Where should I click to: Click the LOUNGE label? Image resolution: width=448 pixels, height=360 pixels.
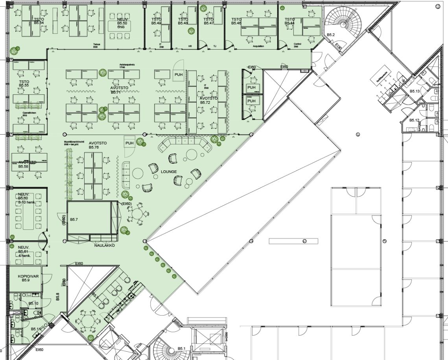[169, 172]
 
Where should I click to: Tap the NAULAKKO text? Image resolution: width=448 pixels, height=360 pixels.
[104, 245]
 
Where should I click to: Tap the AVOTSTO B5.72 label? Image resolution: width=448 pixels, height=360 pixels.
[208, 100]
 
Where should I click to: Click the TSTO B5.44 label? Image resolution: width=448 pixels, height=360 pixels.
[289, 21]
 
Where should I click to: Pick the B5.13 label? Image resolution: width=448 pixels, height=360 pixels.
[415, 91]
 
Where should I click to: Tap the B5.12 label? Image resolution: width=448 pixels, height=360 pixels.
[414, 120]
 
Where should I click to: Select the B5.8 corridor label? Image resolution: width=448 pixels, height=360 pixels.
[57, 296]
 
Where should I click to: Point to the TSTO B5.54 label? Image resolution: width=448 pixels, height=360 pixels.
[38, 21]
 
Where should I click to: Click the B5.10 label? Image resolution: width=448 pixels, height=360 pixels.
[33, 303]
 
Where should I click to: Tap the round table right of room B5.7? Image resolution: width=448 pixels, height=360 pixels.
[136, 214]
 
